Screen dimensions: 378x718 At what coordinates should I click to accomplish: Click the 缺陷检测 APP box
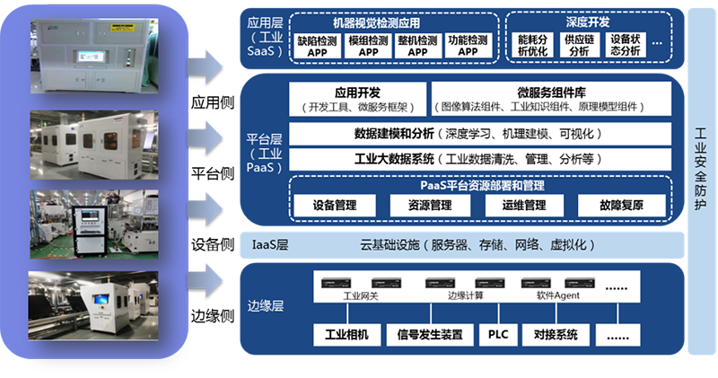click(x=319, y=46)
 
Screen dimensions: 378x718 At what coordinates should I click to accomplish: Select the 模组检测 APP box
click(x=368, y=46)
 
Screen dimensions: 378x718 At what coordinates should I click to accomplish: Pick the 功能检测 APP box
click(x=468, y=46)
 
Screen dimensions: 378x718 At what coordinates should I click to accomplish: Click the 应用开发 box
click(x=357, y=99)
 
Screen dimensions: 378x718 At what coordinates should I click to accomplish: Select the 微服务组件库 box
click(x=552, y=99)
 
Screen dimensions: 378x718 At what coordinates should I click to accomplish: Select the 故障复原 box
click(x=621, y=205)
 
